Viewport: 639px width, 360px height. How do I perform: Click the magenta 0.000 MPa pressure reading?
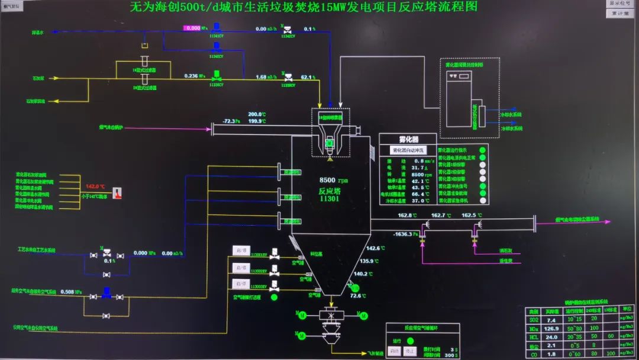[193, 28]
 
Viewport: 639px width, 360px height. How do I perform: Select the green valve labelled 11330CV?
[216, 75]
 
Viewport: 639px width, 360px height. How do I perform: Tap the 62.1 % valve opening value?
[307, 76]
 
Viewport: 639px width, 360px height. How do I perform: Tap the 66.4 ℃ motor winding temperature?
[418, 193]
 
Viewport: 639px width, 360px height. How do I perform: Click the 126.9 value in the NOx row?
[552, 329]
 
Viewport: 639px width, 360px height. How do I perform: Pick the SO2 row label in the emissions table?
[533, 320]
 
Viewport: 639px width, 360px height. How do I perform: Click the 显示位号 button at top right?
[621, 4]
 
